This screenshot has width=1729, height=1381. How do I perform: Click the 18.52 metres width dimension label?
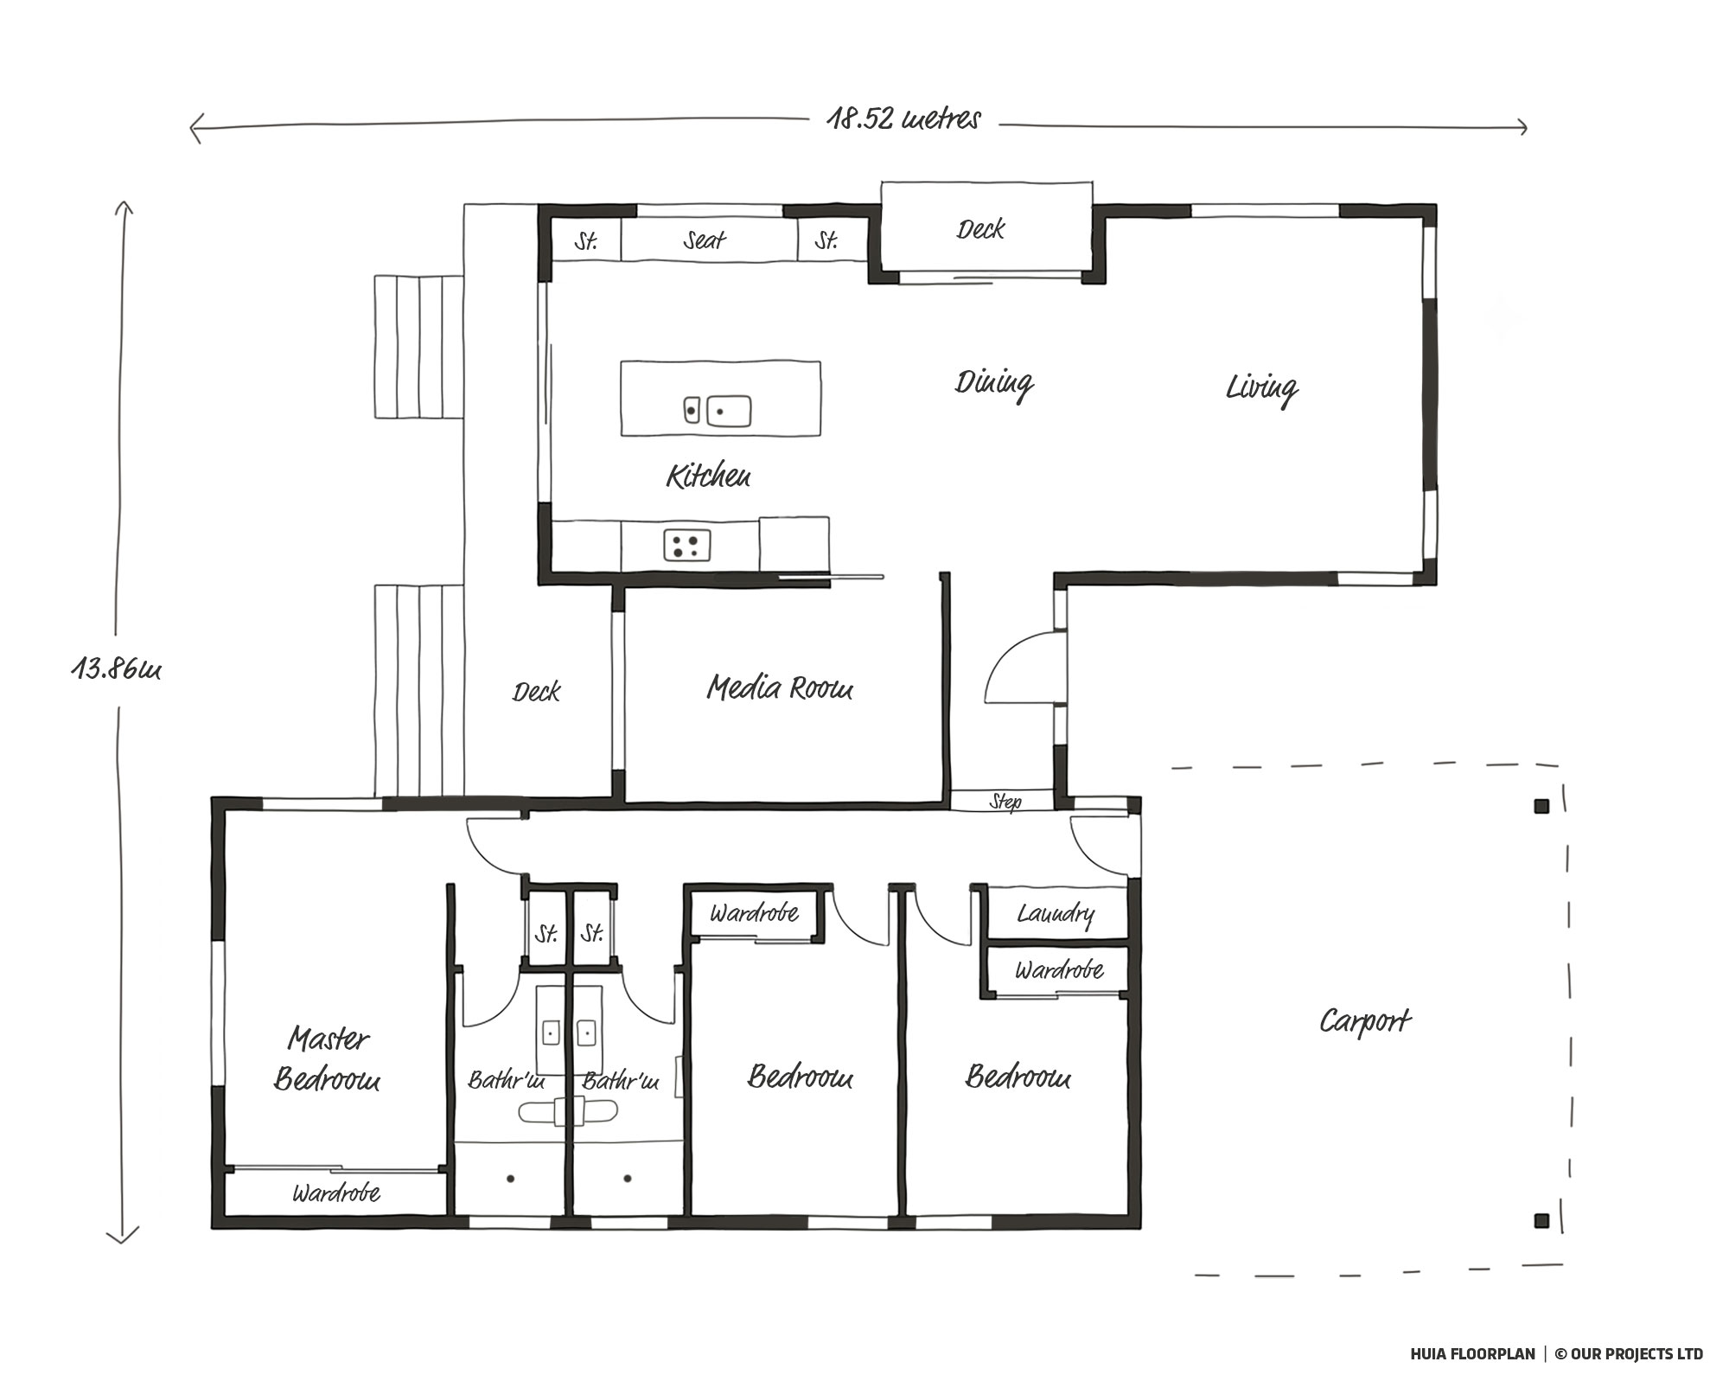(903, 118)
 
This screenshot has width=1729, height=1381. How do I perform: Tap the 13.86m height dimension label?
(116, 668)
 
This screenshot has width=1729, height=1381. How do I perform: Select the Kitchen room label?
(708, 476)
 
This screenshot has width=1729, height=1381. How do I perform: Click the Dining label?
(994, 383)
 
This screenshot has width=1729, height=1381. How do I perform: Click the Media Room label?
(780, 687)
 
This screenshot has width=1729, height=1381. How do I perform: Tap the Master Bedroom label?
(328, 1058)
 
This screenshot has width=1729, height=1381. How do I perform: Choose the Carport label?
(1365, 1022)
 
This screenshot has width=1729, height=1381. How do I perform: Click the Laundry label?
(1056, 914)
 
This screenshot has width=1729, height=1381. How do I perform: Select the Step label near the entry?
(1005, 802)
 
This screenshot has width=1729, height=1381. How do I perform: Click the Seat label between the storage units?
(705, 240)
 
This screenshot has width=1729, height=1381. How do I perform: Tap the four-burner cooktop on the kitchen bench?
(687, 545)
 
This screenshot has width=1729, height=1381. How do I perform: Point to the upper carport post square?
(1541, 807)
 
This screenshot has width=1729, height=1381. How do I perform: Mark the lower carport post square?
(1541, 1221)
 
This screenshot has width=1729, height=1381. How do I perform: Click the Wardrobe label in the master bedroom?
(336, 1194)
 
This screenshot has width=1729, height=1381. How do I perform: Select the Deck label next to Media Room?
(536, 692)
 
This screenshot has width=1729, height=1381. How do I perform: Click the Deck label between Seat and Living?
(980, 229)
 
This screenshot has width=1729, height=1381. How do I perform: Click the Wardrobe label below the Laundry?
(1059, 970)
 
